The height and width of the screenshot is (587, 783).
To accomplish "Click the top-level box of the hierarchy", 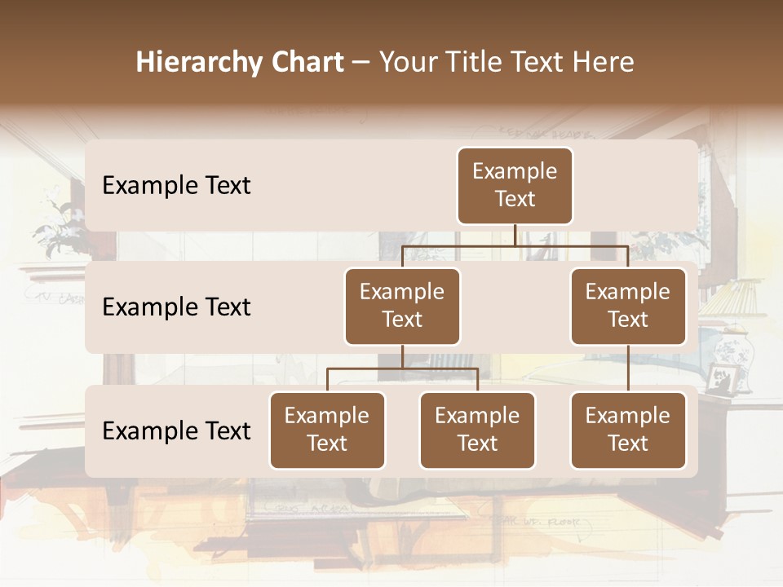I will point(515,185).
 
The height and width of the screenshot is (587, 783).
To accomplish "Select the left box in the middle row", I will point(402,306).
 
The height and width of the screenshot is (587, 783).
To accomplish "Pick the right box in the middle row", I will point(628,306).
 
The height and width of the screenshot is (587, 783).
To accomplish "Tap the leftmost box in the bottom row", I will point(327,430).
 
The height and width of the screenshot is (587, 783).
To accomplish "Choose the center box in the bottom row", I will point(477,430).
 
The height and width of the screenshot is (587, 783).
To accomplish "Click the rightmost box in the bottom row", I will point(628,430).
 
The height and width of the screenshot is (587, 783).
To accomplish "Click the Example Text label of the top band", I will point(176,186).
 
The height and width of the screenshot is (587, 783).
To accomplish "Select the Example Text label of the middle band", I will point(176,307).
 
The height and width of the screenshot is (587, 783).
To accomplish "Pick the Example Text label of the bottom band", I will point(176,430).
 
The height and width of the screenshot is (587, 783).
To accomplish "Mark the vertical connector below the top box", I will point(515,235).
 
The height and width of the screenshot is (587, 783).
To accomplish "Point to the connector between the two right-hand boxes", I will point(628,369).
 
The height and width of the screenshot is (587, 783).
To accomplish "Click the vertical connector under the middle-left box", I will point(402,356).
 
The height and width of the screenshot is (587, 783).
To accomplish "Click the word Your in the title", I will point(405,63).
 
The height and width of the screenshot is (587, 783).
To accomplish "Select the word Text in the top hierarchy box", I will point(515,199).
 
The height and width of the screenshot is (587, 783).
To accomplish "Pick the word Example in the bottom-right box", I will point(628,416).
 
